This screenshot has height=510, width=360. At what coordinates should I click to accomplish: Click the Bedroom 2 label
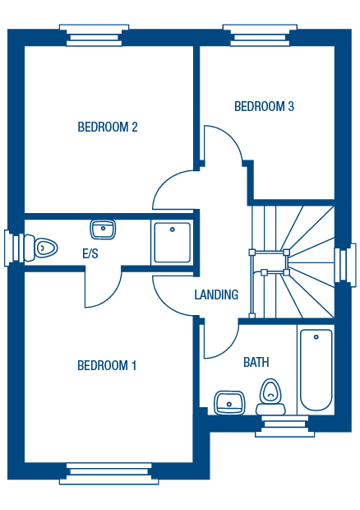click(x=108, y=127)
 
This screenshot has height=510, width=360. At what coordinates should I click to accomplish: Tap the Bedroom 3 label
click(x=264, y=106)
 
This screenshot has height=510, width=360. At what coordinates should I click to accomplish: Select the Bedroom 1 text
click(x=107, y=365)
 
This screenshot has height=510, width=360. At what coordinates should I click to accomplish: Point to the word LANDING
click(x=216, y=294)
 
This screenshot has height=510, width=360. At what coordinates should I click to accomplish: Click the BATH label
click(x=256, y=362)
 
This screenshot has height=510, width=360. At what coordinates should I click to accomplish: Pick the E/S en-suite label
click(x=90, y=253)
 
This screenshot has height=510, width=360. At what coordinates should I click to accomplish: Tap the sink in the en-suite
click(x=103, y=229)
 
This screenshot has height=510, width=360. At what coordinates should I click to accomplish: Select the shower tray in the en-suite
click(x=173, y=243)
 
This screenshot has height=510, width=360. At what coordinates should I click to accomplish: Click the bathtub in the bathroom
click(x=316, y=369)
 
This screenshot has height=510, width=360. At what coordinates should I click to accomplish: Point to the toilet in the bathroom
click(x=270, y=396)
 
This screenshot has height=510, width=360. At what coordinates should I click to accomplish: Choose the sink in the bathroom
click(x=229, y=403)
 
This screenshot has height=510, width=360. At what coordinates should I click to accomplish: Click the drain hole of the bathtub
click(x=316, y=337)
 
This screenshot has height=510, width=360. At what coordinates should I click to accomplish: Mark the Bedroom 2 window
click(x=95, y=35)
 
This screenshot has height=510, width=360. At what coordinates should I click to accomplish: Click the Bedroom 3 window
click(x=260, y=35)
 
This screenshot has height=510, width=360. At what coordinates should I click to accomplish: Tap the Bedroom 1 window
click(x=108, y=474)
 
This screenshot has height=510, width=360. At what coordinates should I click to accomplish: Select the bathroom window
click(x=285, y=426)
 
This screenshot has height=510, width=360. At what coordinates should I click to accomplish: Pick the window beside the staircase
click(x=345, y=265)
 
